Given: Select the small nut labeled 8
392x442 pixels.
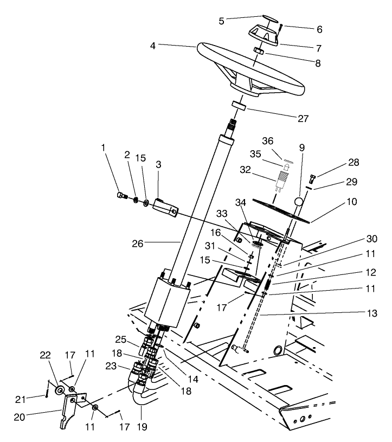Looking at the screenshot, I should (260, 52).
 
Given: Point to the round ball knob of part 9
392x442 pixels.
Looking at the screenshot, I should (299, 202).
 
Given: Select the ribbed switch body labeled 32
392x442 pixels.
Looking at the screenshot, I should (282, 179).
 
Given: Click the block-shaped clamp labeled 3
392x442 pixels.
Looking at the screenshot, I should (165, 208).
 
